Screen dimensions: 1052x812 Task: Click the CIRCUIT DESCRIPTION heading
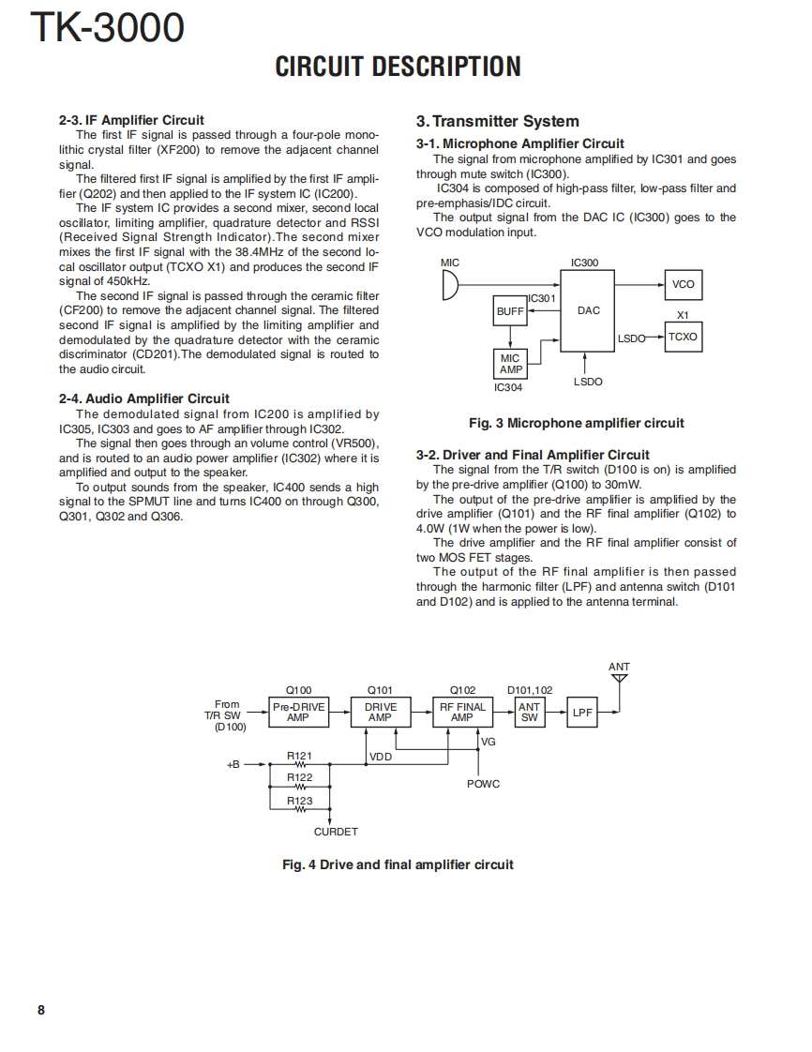pos(398,67)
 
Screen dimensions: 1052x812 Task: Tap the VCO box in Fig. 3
pos(683,284)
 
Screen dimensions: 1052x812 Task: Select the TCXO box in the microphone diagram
pos(683,337)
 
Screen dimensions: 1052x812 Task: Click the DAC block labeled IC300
pos(588,310)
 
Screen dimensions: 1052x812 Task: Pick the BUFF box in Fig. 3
pos(510,310)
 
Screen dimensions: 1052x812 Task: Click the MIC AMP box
pos(510,364)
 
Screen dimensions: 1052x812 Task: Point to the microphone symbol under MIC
pos(450,284)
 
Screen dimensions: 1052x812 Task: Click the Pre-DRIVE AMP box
pos(298,712)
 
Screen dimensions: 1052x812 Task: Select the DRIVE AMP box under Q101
pos(380,712)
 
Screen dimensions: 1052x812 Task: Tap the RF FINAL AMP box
pos(462,712)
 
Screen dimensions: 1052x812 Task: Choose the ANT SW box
pos(530,712)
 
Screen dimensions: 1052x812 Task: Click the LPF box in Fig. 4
pos(582,713)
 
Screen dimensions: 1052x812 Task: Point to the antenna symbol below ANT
pos(619,680)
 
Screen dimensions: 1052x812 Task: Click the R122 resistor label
pos(300,777)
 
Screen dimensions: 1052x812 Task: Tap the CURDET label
pos(336,832)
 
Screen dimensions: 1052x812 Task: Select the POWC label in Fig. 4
pos(483,784)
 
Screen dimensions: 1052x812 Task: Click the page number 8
pos(40,1010)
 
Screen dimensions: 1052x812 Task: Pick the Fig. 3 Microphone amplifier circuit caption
pos(577,423)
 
